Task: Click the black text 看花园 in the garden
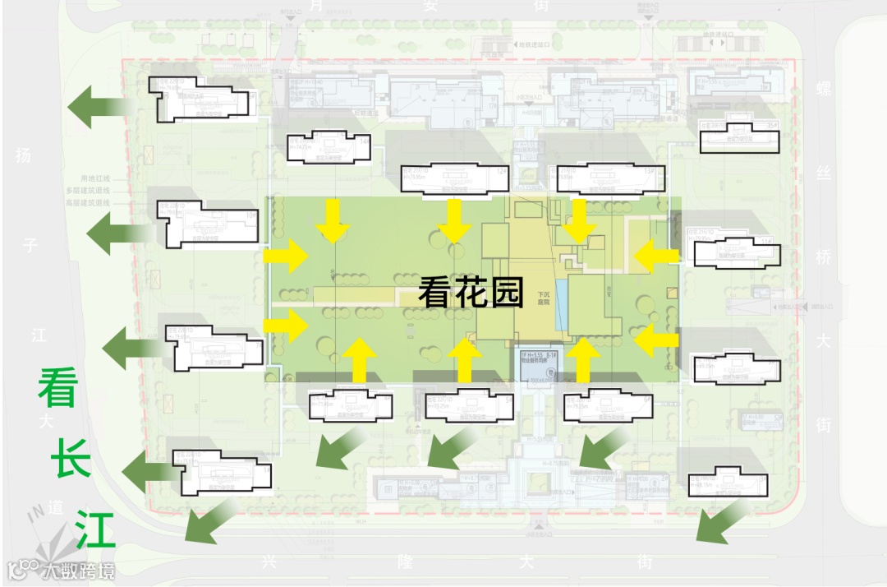[471, 292]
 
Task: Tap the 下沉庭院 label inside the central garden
[543, 298]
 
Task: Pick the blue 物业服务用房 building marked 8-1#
[537, 367]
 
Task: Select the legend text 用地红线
[94, 178]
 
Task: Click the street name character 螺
[823, 86]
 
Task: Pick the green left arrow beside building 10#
[115, 234]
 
